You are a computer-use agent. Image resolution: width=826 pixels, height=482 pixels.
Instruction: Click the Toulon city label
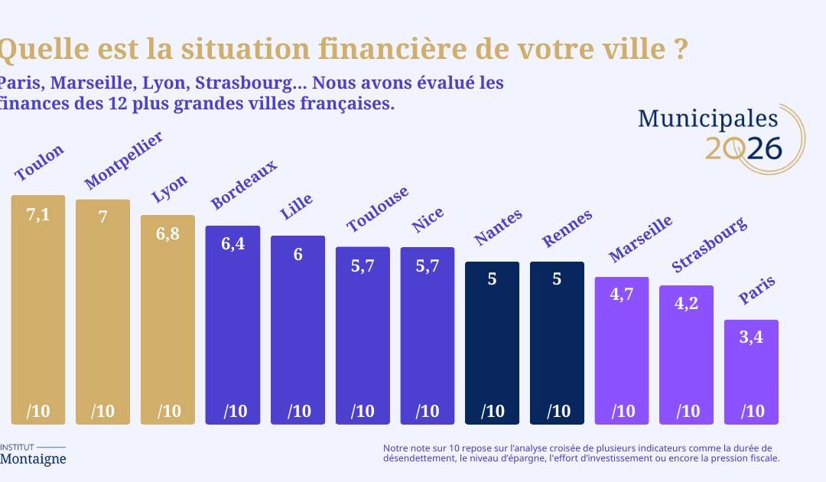tap(39, 162)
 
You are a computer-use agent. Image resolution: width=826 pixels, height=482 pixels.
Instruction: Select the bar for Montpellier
tap(102, 314)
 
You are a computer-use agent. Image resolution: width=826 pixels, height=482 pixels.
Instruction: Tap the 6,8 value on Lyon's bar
tap(167, 234)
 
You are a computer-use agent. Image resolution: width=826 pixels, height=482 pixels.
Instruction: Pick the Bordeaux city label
tap(243, 185)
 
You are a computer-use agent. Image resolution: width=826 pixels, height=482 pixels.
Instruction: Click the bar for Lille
tap(298, 329)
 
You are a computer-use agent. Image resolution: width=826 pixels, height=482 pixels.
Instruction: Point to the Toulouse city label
tap(377, 209)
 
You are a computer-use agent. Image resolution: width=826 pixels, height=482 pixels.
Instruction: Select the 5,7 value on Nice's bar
tap(427, 266)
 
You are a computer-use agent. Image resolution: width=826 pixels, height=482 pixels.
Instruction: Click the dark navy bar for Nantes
tap(492, 344)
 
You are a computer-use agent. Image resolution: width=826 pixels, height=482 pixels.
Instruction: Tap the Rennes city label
tap(567, 229)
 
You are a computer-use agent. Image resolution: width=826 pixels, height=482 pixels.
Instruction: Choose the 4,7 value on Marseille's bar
tap(622, 295)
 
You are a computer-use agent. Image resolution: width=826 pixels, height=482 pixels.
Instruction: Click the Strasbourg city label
tap(708, 245)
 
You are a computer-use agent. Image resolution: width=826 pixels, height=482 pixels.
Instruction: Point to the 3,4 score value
tap(751, 337)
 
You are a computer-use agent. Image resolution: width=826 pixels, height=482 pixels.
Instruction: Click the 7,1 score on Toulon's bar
tap(38, 214)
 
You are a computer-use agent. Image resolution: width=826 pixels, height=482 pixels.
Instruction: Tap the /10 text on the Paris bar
tap(752, 412)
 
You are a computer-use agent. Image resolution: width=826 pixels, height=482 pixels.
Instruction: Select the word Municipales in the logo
tap(707, 119)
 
